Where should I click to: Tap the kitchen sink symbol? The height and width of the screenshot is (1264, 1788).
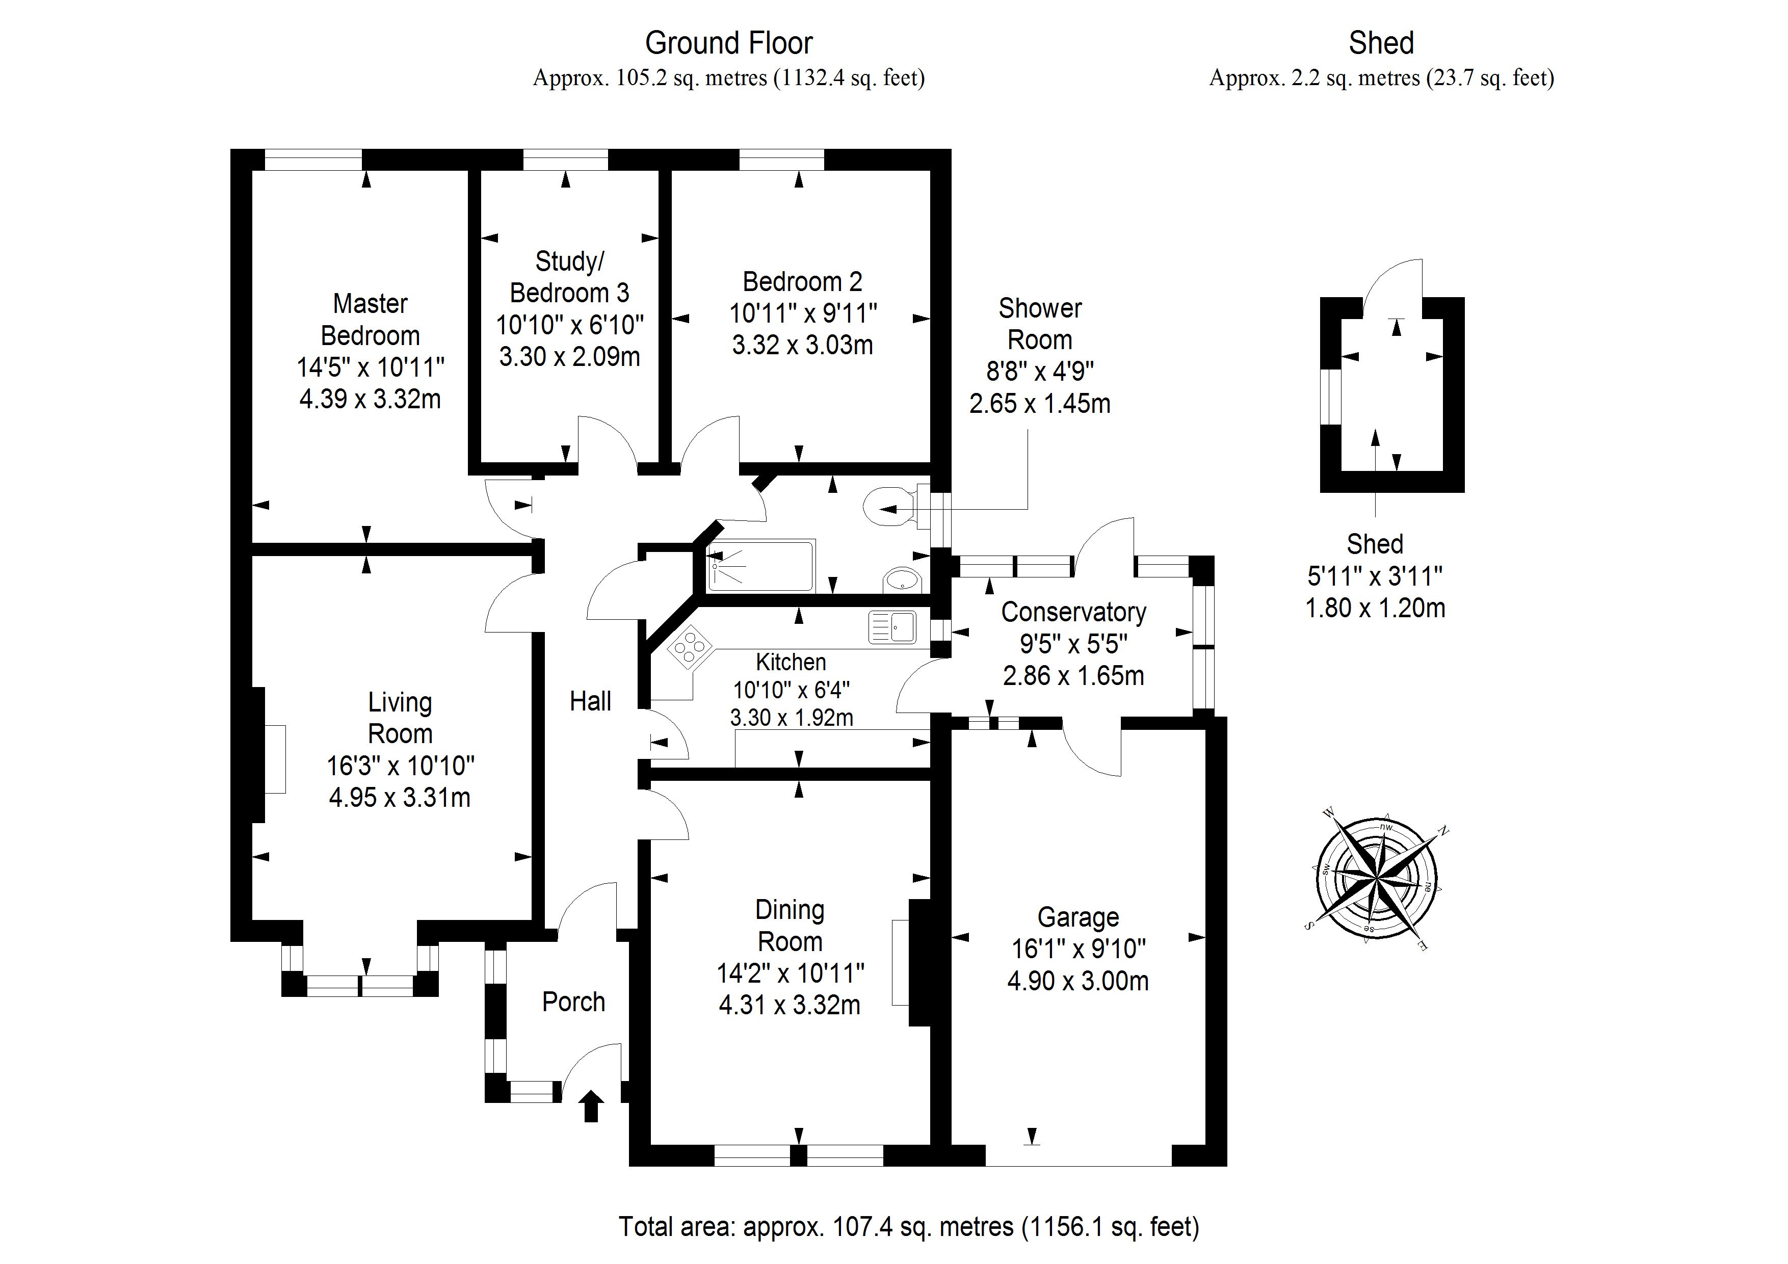click(x=892, y=627)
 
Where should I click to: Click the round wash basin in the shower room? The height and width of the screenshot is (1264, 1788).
click(x=903, y=580)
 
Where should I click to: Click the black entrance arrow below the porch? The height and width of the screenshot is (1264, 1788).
click(x=591, y=1106)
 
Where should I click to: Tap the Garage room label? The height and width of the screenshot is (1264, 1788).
click(x=1079, y=917)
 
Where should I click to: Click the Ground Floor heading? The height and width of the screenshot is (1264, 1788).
click(x=729, y=43)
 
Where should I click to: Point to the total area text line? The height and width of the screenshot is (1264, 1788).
click(x=909, y=1227)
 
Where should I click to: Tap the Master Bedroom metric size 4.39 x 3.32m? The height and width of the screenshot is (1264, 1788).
click(x=371, y=399)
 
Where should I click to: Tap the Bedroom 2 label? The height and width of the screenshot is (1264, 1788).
click(x=802, y=281)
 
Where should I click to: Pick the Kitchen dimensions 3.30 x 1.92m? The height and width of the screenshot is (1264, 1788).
click(x=791, y=717)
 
